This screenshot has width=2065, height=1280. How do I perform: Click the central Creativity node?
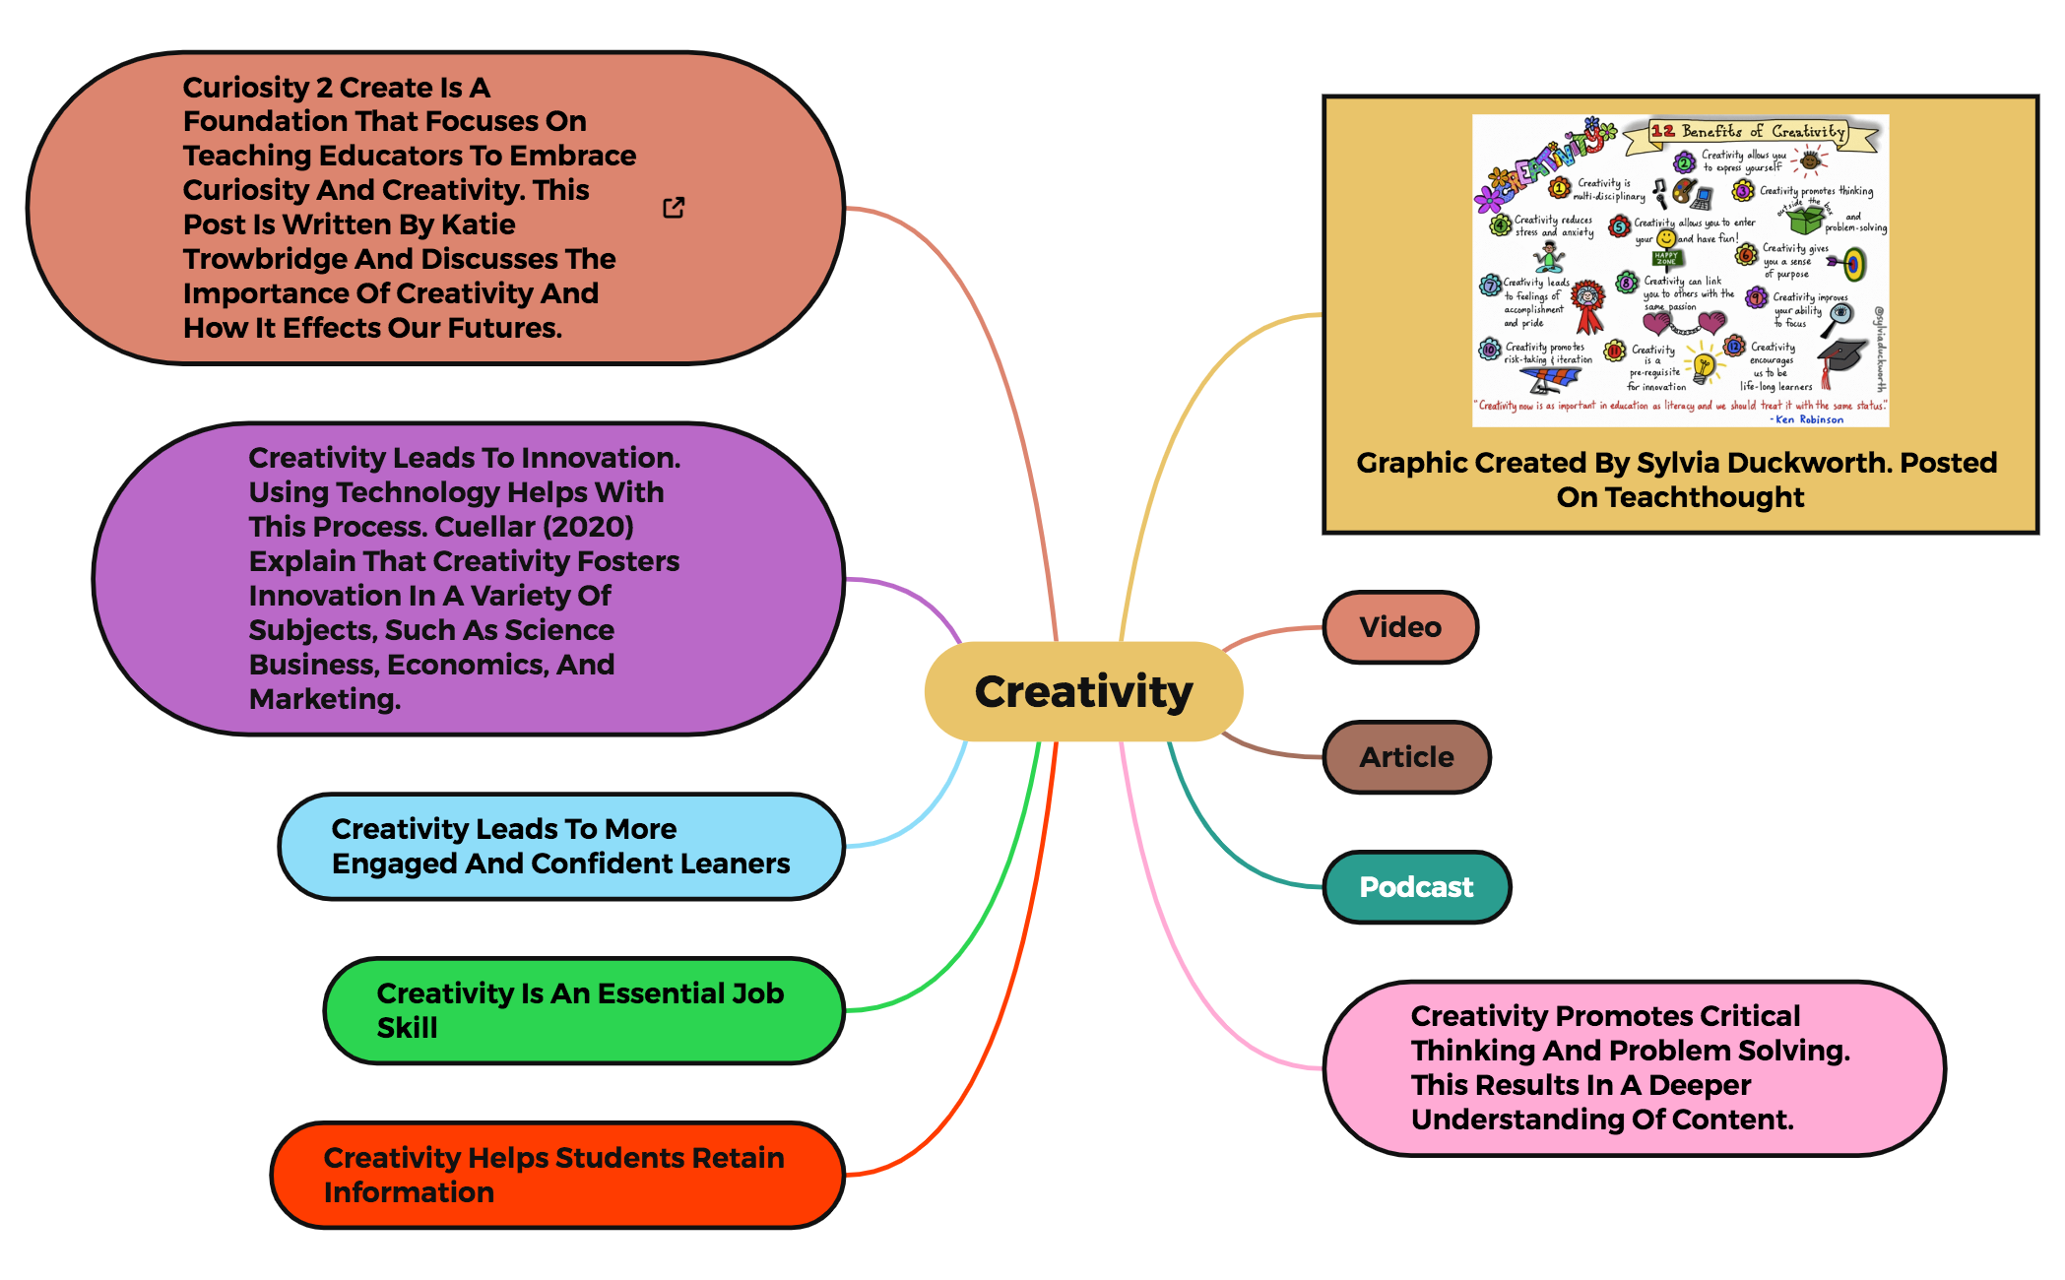[x=1083, y=691]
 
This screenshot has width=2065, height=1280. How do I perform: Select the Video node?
[x=1399, y=627]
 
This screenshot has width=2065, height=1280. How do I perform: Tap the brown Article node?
[x=1406, y=757]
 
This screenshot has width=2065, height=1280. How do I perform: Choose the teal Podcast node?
[x=1416, y=887]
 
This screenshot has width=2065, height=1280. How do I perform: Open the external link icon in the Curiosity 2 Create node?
[x=674, y=208]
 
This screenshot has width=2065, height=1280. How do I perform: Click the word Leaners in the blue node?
[x=732, y=864]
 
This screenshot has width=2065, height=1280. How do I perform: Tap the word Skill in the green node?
[x=407, y=1028]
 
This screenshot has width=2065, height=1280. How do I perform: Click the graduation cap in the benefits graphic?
[x=1839, y=357]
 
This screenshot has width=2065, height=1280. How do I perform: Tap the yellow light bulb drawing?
[x=1704, y=366]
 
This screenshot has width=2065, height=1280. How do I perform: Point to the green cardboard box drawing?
[x=1805, y=218]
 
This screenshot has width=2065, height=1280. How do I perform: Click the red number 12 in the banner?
[x=1663, y=131]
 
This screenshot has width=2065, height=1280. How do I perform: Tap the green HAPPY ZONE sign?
[x=1665, y=259]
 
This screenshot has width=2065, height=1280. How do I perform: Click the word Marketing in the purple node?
[x=324, y=699]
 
